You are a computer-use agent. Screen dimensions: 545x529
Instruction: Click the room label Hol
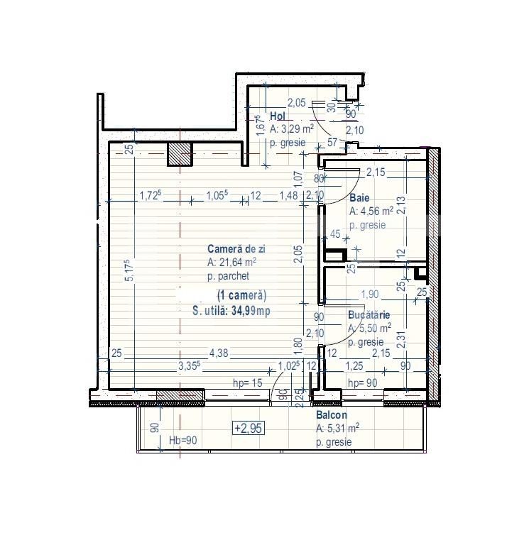pos(278,116)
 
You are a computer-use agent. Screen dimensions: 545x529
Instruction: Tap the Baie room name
pos(359,199)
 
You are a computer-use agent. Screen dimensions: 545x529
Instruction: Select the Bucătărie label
pos(370,314)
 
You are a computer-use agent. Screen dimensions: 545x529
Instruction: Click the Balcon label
pos(332,415)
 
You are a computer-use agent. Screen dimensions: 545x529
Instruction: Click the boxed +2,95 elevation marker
pos(246,427)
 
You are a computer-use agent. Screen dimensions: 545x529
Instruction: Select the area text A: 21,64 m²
pos(232,262)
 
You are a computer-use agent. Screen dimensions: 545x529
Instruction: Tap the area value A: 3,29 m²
pos(292,129)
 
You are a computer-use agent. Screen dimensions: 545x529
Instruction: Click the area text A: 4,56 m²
pos(371,211)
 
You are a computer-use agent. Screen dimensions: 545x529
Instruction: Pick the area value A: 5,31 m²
pos(337,428)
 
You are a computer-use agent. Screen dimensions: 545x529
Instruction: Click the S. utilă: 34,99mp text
pos(231,310)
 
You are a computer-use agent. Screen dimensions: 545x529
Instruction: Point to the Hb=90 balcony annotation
pos(183,440)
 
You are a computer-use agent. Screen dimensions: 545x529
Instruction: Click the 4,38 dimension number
pos(217,353)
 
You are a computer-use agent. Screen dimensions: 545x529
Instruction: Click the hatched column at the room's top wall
pos(180,153)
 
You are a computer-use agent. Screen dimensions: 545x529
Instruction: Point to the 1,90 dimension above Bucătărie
pos(370,294)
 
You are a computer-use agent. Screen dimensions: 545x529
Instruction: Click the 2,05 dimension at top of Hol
pos(296,103)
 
